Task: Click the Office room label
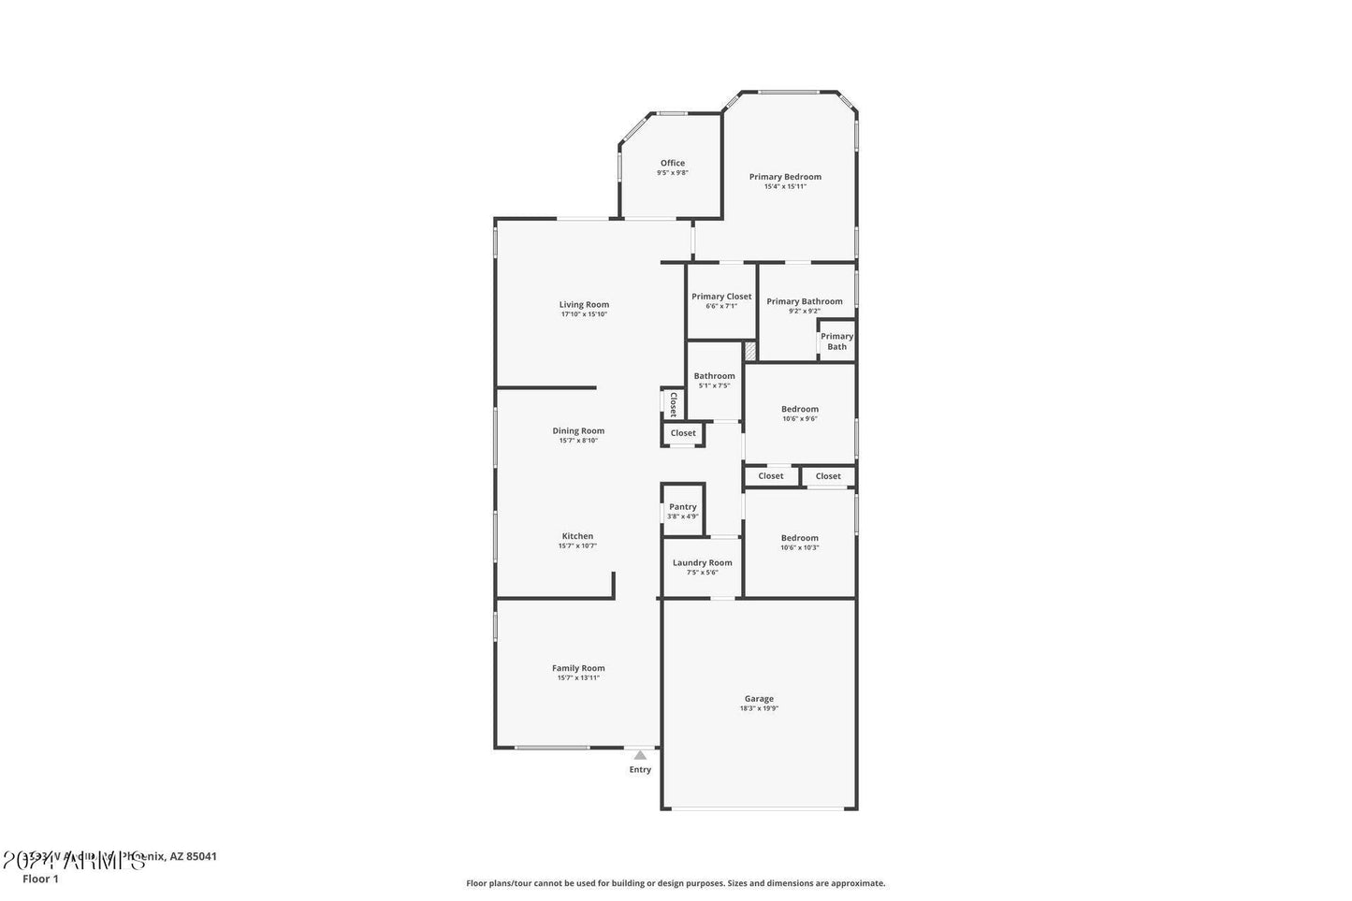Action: (672, 163)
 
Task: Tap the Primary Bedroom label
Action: (785, 177)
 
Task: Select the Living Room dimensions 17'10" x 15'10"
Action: (584, 314)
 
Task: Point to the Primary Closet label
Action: (721, 297)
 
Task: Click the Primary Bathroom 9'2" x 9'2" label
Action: (804, 305)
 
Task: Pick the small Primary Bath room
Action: (836, 342)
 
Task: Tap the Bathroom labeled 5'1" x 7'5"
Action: (714, 380)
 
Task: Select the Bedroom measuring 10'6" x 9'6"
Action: (799, 413)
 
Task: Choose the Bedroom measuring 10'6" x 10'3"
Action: (799, 542)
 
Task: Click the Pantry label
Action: (683, 507)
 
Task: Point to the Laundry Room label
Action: (702, 563)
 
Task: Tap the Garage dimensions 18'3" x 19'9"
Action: (759, 708)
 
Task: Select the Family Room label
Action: (578, 668)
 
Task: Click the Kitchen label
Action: (577, 536)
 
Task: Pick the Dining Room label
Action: (578, 431)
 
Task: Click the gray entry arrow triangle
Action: (640, 755)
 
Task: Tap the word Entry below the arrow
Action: (640, 770)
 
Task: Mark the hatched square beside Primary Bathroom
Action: (749, 351)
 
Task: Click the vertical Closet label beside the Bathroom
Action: (672, 402)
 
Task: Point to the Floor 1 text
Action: (40, 879)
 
